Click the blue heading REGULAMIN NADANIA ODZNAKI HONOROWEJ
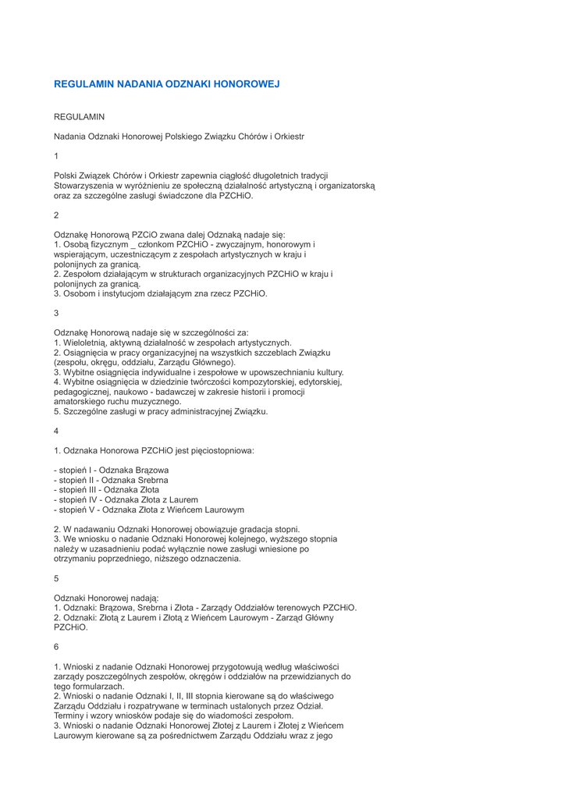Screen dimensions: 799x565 pyautogui.click(x=166, y=83)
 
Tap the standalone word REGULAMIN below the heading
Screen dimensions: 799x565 pyautogui.click(x=79, y=116)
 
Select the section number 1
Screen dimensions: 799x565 pyautogui.click(x=56, y=156)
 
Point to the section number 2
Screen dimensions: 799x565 pyautogui.click(x=56, y=215)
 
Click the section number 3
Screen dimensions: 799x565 pyautogui.click(x=56, y=313)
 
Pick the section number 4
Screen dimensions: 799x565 pyautogui.click(x=56, y=431)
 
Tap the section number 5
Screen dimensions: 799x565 pyautogui.click(x=56, y=578)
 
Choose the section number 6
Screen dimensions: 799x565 pyautogui.click(x=56, y=647)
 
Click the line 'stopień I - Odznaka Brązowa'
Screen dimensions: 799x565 pyautogui.click(x=111, y=471)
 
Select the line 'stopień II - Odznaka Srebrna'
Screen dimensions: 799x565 pyautogui.click(x=111, y=481)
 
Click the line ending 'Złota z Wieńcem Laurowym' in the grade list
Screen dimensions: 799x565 pyautogui.click(x=148, y=510)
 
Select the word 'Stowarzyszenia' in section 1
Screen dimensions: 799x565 pyautogui.click(x=84, y=186)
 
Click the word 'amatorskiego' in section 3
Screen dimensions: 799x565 pyautogui.click(x=80, y=401)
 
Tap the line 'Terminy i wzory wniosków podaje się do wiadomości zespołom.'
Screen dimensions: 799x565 pyautogui.click(x=173, y=716)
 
